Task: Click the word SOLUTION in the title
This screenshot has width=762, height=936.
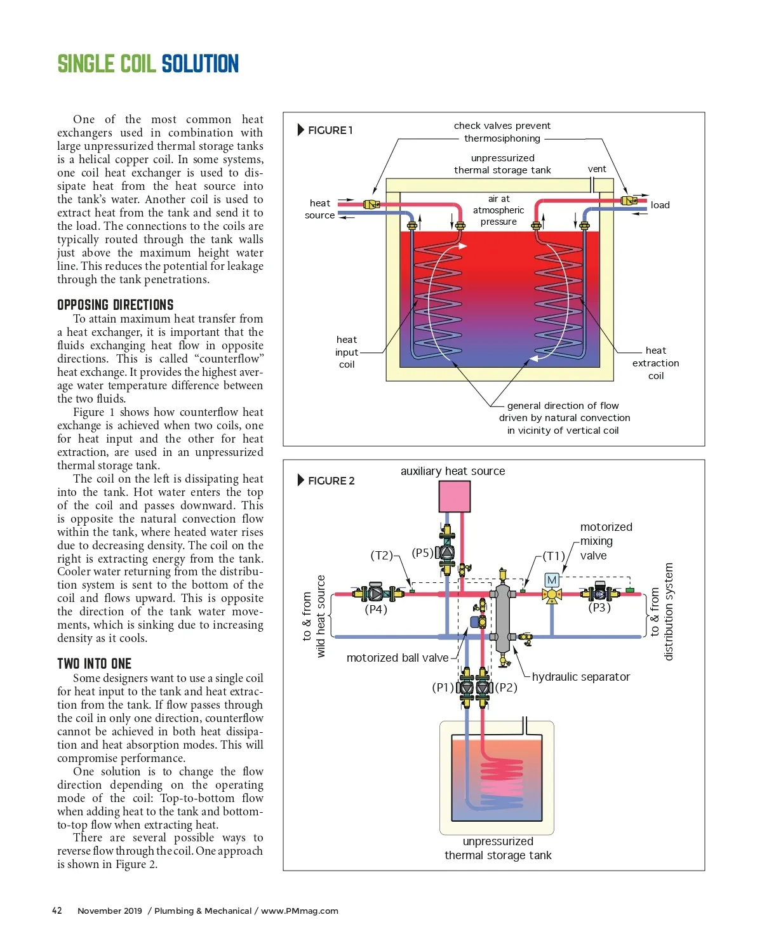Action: click(200, 64)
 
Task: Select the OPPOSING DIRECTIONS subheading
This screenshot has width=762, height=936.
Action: click(115, 305)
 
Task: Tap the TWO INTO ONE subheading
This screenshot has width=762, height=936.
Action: click(94, 664)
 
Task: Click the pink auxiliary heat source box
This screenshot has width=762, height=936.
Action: click(455, 496)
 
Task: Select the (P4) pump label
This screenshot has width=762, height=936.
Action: click(376, 610)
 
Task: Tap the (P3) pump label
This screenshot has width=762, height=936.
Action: click(599, 608)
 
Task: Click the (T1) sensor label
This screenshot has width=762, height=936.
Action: click(554, 556)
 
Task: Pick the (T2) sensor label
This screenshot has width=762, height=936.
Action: click(382, 555)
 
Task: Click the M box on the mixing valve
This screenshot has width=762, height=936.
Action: click(552, 580)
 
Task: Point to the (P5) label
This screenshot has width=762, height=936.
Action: click(422, 552)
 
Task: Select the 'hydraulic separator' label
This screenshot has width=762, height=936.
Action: click(581, 677)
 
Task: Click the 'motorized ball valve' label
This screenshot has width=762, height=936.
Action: click(398, 658)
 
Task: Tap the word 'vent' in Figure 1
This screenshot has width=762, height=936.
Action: click(597, 169)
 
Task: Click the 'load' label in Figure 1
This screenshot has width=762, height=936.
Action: click(660, 205)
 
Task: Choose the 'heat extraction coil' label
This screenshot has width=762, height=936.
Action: click(656, 363)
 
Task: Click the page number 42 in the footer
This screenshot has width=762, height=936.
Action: click(57, 911)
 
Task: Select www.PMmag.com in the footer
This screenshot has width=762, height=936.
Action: click(300, 911)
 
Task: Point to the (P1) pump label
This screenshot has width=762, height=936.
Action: click(443, 687)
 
